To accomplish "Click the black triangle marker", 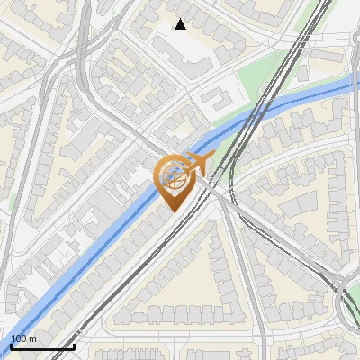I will (181, 24).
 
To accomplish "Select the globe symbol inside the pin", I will (173, 176).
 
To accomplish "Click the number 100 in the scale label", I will (20, 338).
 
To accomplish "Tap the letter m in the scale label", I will (33, 338).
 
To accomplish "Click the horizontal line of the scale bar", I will (42, 347).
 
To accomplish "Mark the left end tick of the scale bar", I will (12, 346).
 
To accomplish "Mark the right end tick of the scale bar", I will (74, 346).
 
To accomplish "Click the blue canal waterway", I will (90, 261).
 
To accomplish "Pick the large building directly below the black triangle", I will (184, 49).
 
